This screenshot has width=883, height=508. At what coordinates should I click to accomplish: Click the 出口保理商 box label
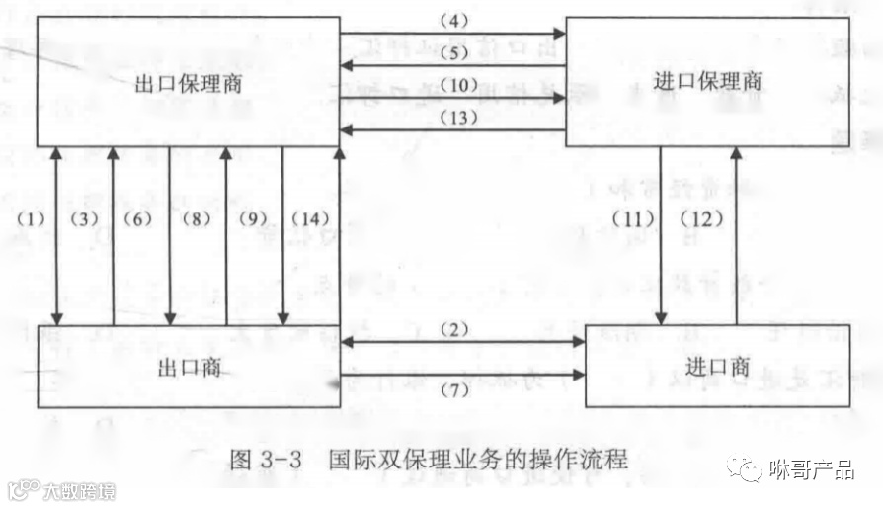pyautogui.click(x=188, y=84)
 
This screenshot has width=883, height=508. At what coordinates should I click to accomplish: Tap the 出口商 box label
pyautogui.click(x=188, y=367)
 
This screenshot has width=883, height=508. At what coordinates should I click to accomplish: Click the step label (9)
pyautogui.click(x=253, y=218)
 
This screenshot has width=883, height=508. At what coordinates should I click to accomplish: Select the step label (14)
pyautogui.click(x=311, y=218)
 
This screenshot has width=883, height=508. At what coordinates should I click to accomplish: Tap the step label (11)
pyautogui.click(x=633, y=218)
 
